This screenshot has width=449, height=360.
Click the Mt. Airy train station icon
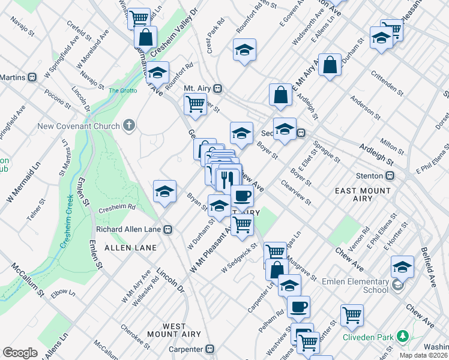point(218,88)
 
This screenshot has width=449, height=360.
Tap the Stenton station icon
point(390,176)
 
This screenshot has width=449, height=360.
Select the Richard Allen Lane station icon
point(169,229)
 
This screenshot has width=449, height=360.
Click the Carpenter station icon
point(209,348)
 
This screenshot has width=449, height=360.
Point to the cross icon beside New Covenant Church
point(127,126)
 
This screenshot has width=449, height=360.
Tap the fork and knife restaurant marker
point(227,178)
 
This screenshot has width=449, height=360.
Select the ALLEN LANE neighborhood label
point(130,247)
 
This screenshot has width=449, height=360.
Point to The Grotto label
point(122,91)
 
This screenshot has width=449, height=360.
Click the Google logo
point(20,353)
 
